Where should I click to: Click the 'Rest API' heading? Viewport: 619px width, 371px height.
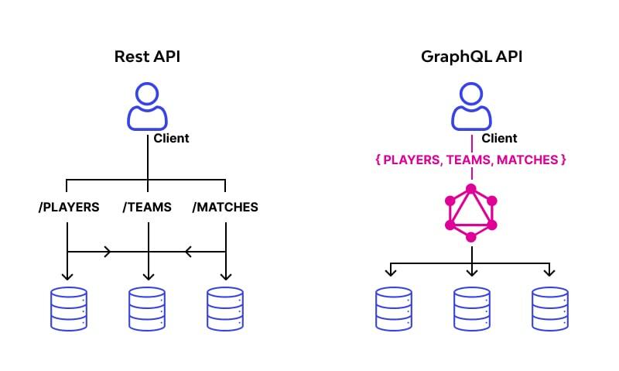pyautogui.click(x=146, y=57)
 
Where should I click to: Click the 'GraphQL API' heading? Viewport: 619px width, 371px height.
pyautogui.click(x=471, y=57)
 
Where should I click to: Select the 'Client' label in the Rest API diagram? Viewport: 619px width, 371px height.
pyautogui.click(x=171, y=139)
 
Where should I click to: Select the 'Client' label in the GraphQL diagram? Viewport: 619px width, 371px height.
pyautogui.click(x=499, y=139)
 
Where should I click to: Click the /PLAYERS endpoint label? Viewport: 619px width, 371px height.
pyautogui.click(x=68, y=208)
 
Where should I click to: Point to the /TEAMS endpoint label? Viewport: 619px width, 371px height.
pyautogui.click(x=147, y=208)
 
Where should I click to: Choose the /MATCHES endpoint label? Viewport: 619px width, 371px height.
pyautogui.click(x=224, y=208)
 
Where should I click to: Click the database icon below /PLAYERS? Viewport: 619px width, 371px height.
pyautogui.click(x=68, y=309)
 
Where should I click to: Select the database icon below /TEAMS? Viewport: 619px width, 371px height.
pyautogui.click(x=147, y=309)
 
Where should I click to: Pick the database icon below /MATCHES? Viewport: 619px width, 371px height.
pyautogui.click(x=225, y=309)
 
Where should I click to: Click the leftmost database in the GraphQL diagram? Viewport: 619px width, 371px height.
pyautogui.click(x=394, y=309)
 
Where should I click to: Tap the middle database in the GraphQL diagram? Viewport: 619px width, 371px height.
pyautogui.click(x=472, y=309)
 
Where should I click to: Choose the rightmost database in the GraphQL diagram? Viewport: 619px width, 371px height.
pyautogui.click(x=550, y=309)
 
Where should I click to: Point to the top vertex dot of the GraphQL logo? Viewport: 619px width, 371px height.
pyautogui.click(x=471, y=188)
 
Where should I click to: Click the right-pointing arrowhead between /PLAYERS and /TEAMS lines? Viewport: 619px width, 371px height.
pyautogui.click(x=107, y=252)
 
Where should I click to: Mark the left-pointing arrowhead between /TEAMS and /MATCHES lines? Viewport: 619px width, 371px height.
pyautogui.click(x=186, y=252)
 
